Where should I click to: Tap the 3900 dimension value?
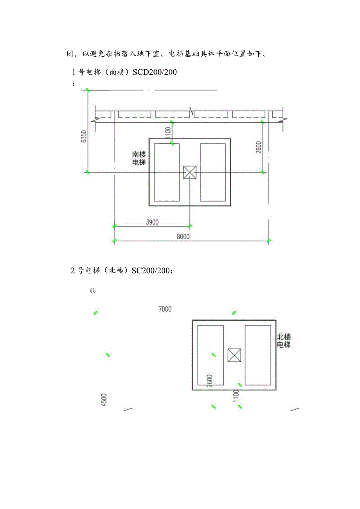click(152, 222)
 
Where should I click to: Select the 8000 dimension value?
click(183, 237)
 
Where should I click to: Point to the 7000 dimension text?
click(165, 309)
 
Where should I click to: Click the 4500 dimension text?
click(104, 400)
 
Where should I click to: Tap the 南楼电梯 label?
click(139, 158)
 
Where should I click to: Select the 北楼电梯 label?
click(284, 341)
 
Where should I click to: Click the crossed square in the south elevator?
click(189, 172)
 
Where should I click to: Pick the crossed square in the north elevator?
click(234, 355)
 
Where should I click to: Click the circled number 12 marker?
click(93, 291)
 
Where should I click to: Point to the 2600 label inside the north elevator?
click(210, 381)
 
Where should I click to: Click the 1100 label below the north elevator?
click(236, 396)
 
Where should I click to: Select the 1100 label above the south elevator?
click(168, 133)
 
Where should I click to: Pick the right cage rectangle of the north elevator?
click(257, 354)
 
